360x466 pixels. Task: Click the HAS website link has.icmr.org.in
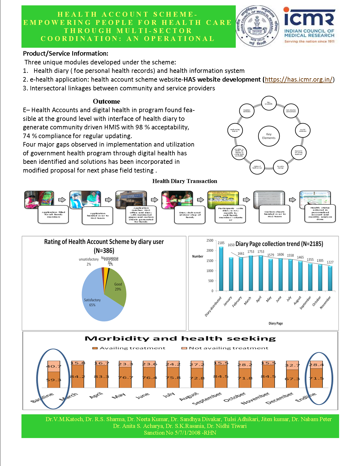pyautogui.click(x=299, y=80)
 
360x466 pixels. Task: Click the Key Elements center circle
pyautogui.click(x=269, y=136)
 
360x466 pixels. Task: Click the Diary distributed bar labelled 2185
pyautogui.click(x=221, y=269)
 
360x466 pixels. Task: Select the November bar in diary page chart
pyautogui.click(x=330, y=278)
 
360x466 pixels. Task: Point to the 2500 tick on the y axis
pyautogui.click(x=210, y=241)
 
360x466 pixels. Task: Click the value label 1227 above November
pyautogui.click(x=330, y=262)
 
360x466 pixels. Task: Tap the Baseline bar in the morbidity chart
pyautogui.click(x=53, y=374)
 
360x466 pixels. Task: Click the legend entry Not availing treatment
pyautogui.click(x=225, y=348)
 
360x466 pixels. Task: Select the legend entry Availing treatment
pyautogui.click(x=129, y=348)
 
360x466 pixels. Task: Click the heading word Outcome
pyautogui.click(x=106, y=101)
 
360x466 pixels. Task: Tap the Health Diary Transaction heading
pyautogui.click(x=185, y=181)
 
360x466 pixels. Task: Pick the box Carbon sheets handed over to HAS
pyautogui.click(x=275, y=214)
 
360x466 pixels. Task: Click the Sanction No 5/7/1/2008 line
pyautogui.click(x=180, y=433)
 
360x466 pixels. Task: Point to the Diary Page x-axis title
pyautogui.click(x=276, y=323)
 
